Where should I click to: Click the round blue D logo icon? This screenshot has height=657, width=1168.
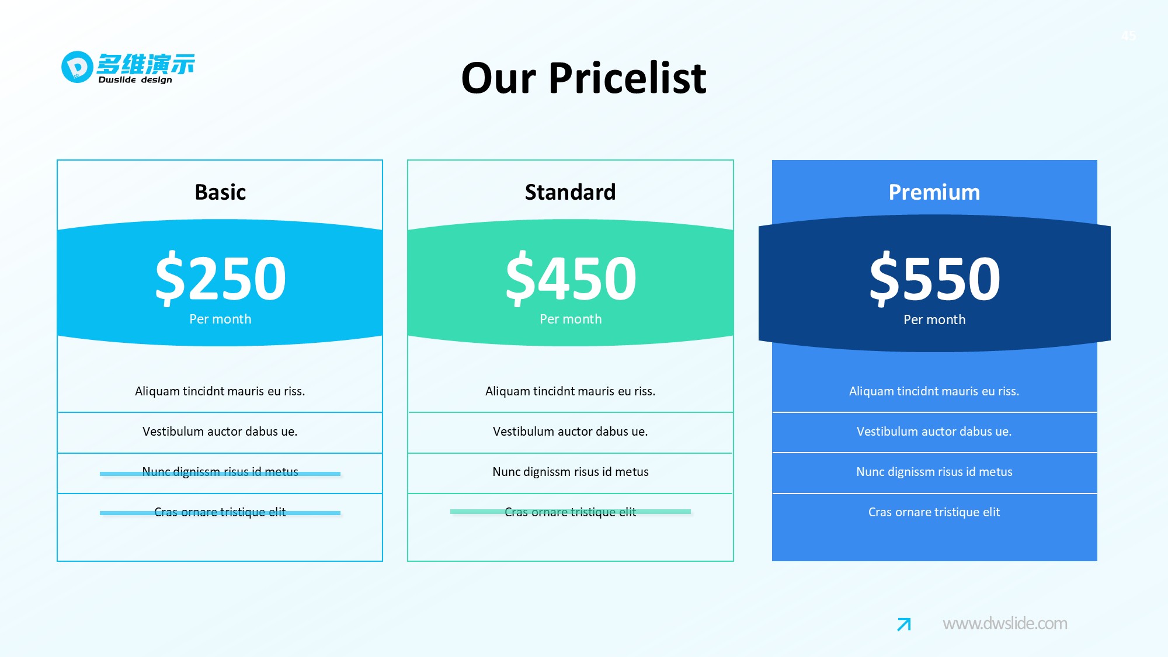click(x=77, y=67)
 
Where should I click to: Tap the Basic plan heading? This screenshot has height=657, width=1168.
click(x=220, y=192)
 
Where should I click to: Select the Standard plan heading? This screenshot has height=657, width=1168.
click(x=570, y=192)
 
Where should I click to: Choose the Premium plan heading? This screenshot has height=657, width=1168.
click(x=934, y=192)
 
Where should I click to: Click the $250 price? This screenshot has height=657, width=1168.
click(x=221, y=278)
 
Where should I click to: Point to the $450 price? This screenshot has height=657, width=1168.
click(x=571, y=278)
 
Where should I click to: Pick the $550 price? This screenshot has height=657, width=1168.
click(x=934, y=278)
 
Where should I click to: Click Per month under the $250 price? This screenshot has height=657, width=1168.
click(x=220, y=319)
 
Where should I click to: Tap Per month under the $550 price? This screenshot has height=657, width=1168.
click(x=934, y=319)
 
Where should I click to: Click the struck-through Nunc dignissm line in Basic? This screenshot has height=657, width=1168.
click(x=220, y=472)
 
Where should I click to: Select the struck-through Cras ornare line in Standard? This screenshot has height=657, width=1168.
click(x=571, y=512)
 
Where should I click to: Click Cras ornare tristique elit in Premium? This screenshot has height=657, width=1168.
click(x=934, y=512)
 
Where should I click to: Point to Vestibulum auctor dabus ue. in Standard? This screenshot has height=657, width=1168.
click(x=571, y=432)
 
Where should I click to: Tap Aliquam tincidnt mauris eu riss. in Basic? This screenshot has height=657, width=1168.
click(x=220, y=391)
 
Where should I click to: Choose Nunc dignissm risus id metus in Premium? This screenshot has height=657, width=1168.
click(x=934, y=472)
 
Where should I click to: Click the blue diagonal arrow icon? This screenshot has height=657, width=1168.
click(x=904, y=624)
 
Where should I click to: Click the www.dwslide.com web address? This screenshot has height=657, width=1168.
click(x=1005, y=624)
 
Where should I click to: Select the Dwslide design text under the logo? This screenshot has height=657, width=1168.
click(x=135, y=80)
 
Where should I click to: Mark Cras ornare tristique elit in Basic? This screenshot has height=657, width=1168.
click(x=220, y=512)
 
